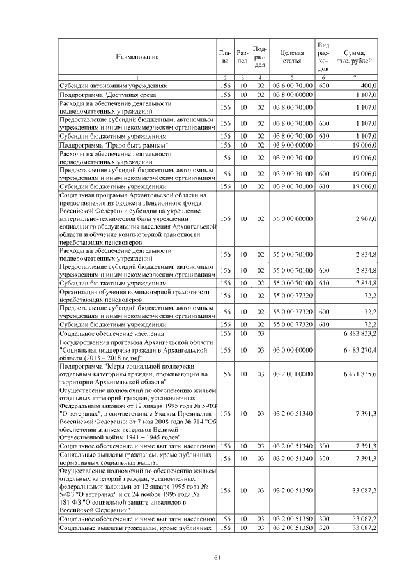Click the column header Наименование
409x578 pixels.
[137, 57]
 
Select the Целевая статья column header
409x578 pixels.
[291, 57]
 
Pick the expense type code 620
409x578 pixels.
[323, 84]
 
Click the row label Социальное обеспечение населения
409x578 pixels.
[112, 333]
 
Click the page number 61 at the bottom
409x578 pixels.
[217, 558]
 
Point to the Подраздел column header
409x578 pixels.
[260, 57]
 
